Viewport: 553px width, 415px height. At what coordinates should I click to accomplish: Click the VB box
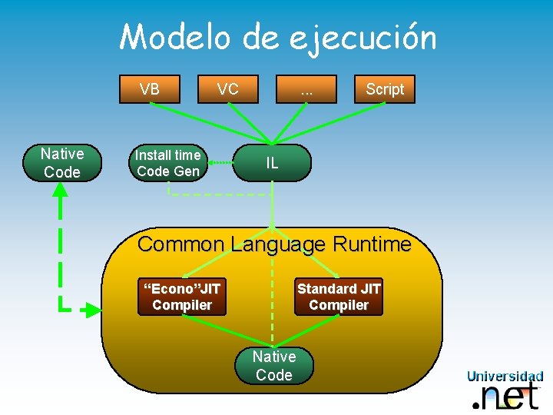click(150, 89)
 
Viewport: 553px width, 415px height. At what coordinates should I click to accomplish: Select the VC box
click(227, 89)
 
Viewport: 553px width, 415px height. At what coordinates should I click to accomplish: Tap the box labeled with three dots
click(307, 89)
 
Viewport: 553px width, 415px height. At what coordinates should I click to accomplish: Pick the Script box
click(384, 89)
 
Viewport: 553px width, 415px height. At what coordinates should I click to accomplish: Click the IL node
click(272, 163)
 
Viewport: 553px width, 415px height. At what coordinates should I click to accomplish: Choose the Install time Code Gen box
click(167, 163)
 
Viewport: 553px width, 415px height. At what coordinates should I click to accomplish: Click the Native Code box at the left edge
click(62, 163)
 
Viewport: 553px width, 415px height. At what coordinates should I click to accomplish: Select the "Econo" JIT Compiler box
click(182, 297)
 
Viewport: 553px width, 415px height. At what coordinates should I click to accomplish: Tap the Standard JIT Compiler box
click(339, 297)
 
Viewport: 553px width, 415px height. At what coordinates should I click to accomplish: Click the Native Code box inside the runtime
click(273, 365)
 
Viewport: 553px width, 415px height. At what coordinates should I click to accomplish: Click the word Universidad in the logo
click(505, 377)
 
